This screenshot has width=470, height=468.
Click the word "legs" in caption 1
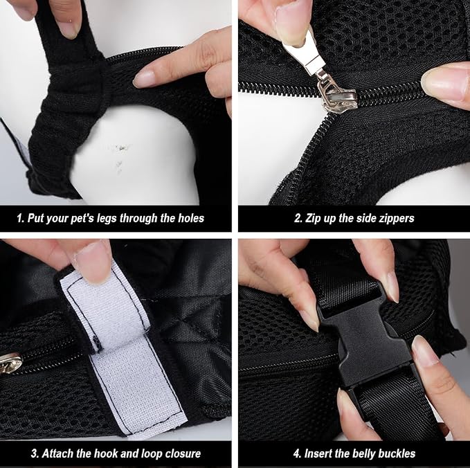106,218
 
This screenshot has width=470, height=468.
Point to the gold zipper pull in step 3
10,362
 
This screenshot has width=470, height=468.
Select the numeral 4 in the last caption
296,453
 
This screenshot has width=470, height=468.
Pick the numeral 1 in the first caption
19,218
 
